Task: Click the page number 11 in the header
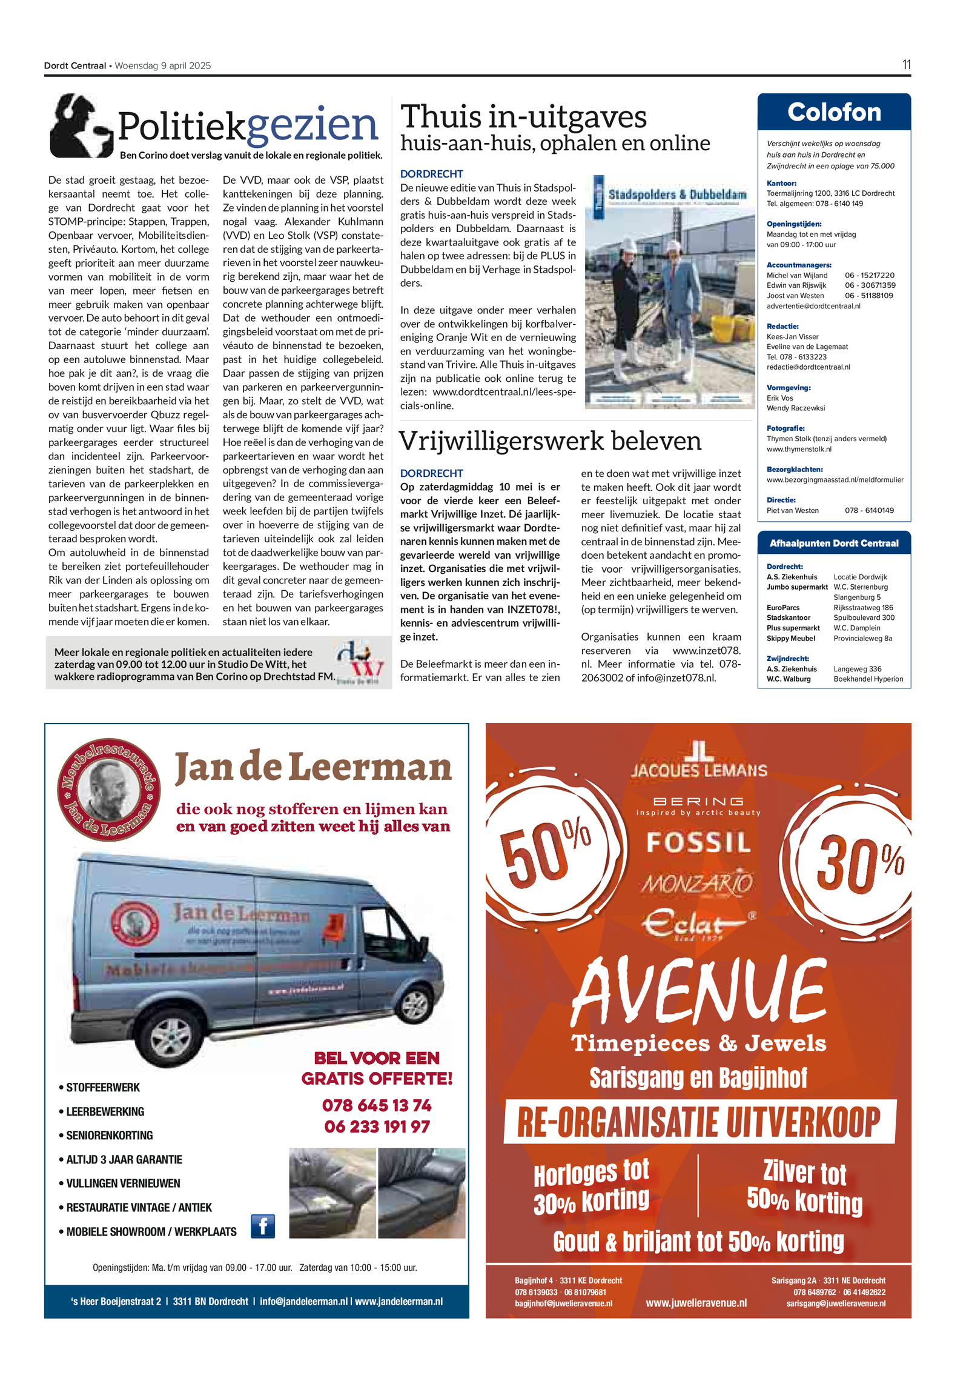(906, 65)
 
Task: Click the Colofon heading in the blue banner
(834, 113)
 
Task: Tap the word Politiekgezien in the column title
(248, 125)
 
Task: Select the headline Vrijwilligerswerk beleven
(550, 441)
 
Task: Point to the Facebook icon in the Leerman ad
(263, 1226)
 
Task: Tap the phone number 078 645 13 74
(377, 1105)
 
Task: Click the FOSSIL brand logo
(698, 842)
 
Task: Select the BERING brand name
(698, 801)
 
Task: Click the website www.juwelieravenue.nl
(696, 1303)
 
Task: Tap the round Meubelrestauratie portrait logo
(109, 790)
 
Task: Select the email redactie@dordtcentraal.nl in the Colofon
(808, 367)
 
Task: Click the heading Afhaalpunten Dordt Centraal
(834, 543)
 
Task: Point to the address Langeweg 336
(857, 669)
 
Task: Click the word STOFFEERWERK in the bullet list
(103, 1088)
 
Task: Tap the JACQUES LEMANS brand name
(699, 770)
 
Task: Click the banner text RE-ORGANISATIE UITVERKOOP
(699, 1122)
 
